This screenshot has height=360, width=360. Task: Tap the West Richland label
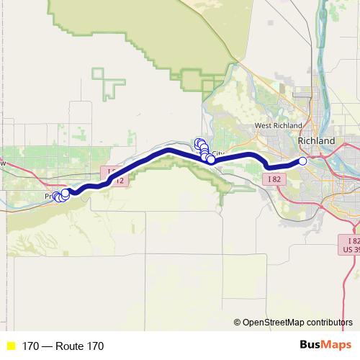(x=277, y=126)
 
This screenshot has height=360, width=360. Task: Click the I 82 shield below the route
(x=273, y=178)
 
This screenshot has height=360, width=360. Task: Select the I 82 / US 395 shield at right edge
(x=351, y=244)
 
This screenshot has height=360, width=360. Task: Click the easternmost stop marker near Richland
(x=302, y=161)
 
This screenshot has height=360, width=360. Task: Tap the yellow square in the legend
(x=10, y=346)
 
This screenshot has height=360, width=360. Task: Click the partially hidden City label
(x=217, y=154)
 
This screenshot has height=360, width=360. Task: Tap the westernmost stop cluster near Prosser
(x=57, y=197)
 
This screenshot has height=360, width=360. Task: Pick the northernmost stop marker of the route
(x=199, y=143)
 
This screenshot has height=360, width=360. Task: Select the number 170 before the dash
(x=30, y=346)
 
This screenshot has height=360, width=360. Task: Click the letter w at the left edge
(x=3, y=164)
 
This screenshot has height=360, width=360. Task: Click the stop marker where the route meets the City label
(x=211, y=160)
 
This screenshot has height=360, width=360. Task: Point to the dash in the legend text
(x=46, y=346)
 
